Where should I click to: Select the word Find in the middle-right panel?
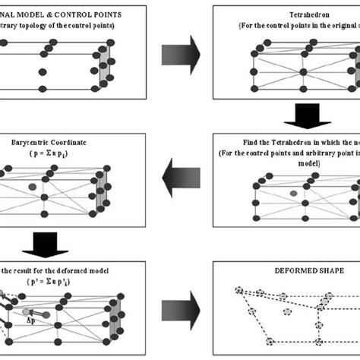[x=236, y=141]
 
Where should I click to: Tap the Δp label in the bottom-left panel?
[x=31, y=321]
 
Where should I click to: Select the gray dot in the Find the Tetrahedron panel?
[x=293, y=194]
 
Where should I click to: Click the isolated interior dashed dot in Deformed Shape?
[x=287, y=313]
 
